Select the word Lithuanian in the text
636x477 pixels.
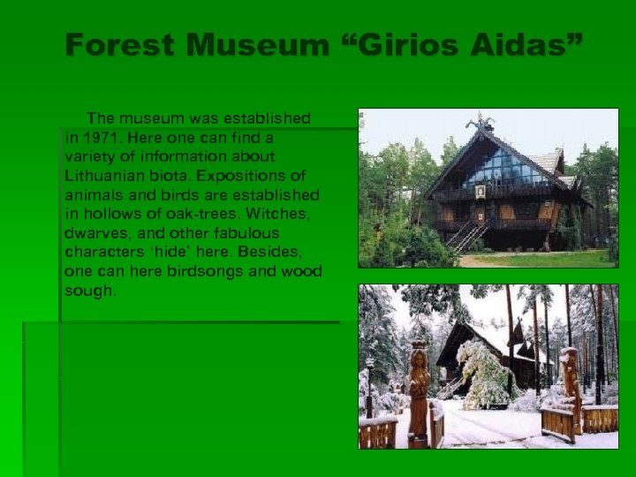click(103, 176)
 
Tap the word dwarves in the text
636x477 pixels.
click(93, 233)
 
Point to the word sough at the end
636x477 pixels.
click(90, 291)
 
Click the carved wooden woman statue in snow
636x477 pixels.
click(419, 393)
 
